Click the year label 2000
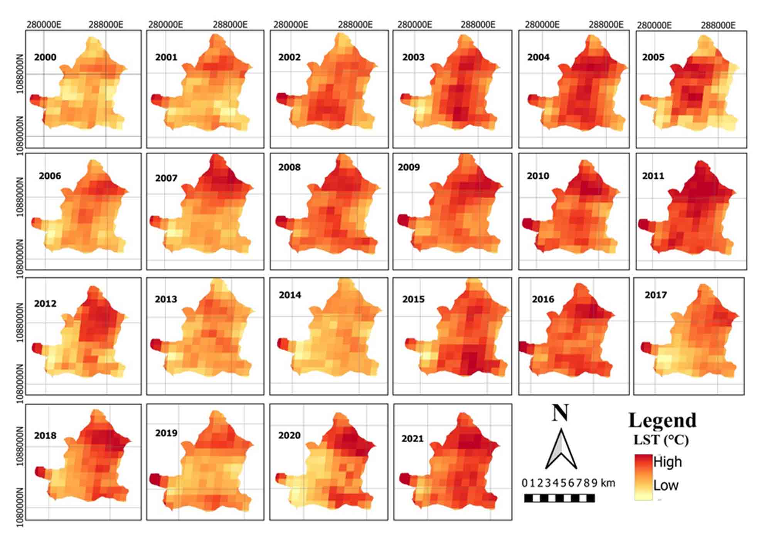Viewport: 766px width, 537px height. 45,57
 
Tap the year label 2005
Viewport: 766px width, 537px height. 653,57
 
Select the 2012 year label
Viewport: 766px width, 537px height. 45,304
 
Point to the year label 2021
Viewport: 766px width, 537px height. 412,439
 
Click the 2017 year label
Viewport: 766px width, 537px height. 655,295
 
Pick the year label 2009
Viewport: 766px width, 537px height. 409,167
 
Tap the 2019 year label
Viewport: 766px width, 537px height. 166,433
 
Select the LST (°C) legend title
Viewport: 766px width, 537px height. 661,440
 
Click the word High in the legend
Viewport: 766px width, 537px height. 667,462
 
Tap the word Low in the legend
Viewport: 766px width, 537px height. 666,485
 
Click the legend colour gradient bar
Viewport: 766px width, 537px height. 643,477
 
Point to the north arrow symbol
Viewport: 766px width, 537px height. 561,449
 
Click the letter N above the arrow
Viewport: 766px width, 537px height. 560,413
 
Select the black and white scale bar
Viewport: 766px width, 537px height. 559,498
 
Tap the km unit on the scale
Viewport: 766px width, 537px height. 607,483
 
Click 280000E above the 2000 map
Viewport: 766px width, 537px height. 44,25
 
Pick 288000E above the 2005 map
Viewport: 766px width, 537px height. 718,25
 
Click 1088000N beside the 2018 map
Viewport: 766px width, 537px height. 20,446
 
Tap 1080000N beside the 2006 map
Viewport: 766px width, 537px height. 20,259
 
